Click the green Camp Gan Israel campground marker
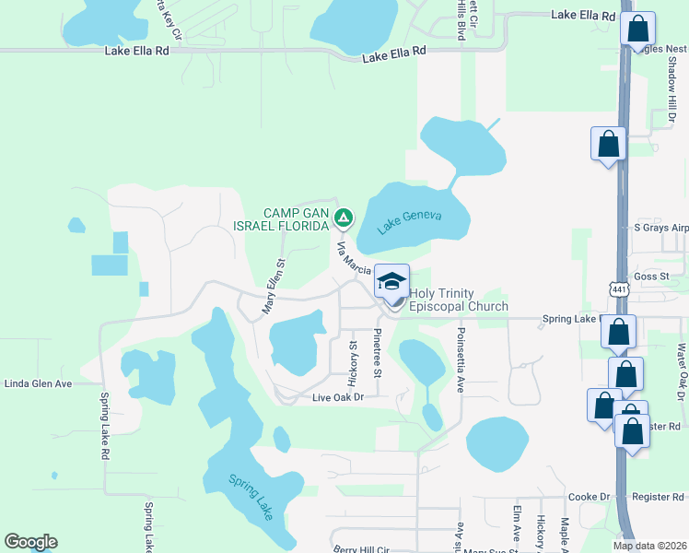tap(343, 218)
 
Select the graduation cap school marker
tap(391, 281)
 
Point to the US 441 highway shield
tap(620, 289)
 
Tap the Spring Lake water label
tap(251, 497)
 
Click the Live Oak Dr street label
tap(338, 397)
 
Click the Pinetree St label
tap(378, 353)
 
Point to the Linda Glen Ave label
tap(38, 382)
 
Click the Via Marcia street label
tap(354, 258)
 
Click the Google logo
tap(30, 542)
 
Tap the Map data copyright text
tap(649, 545)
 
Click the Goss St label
tap(650, 276)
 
